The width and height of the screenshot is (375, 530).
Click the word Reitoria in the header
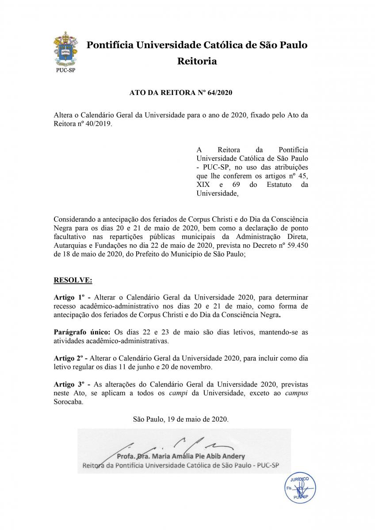click(197, 61)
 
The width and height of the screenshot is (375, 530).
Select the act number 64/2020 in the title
click(219, 93)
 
